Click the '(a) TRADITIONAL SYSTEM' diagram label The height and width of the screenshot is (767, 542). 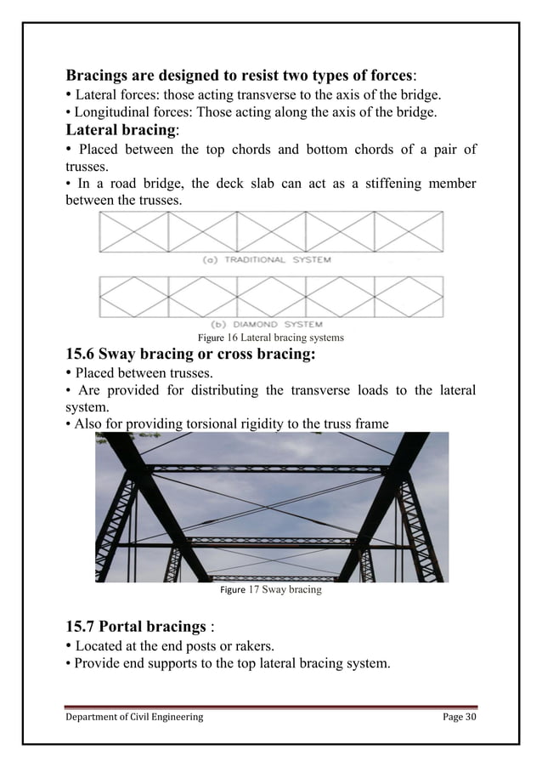pos(266,259)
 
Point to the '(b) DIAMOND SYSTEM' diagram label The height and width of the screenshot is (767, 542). pos(266,324)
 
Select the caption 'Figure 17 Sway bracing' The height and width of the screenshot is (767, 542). pos(270,588)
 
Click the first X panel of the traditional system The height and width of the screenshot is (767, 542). pos(134,232)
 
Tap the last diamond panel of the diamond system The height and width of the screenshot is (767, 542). pos(408,297)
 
